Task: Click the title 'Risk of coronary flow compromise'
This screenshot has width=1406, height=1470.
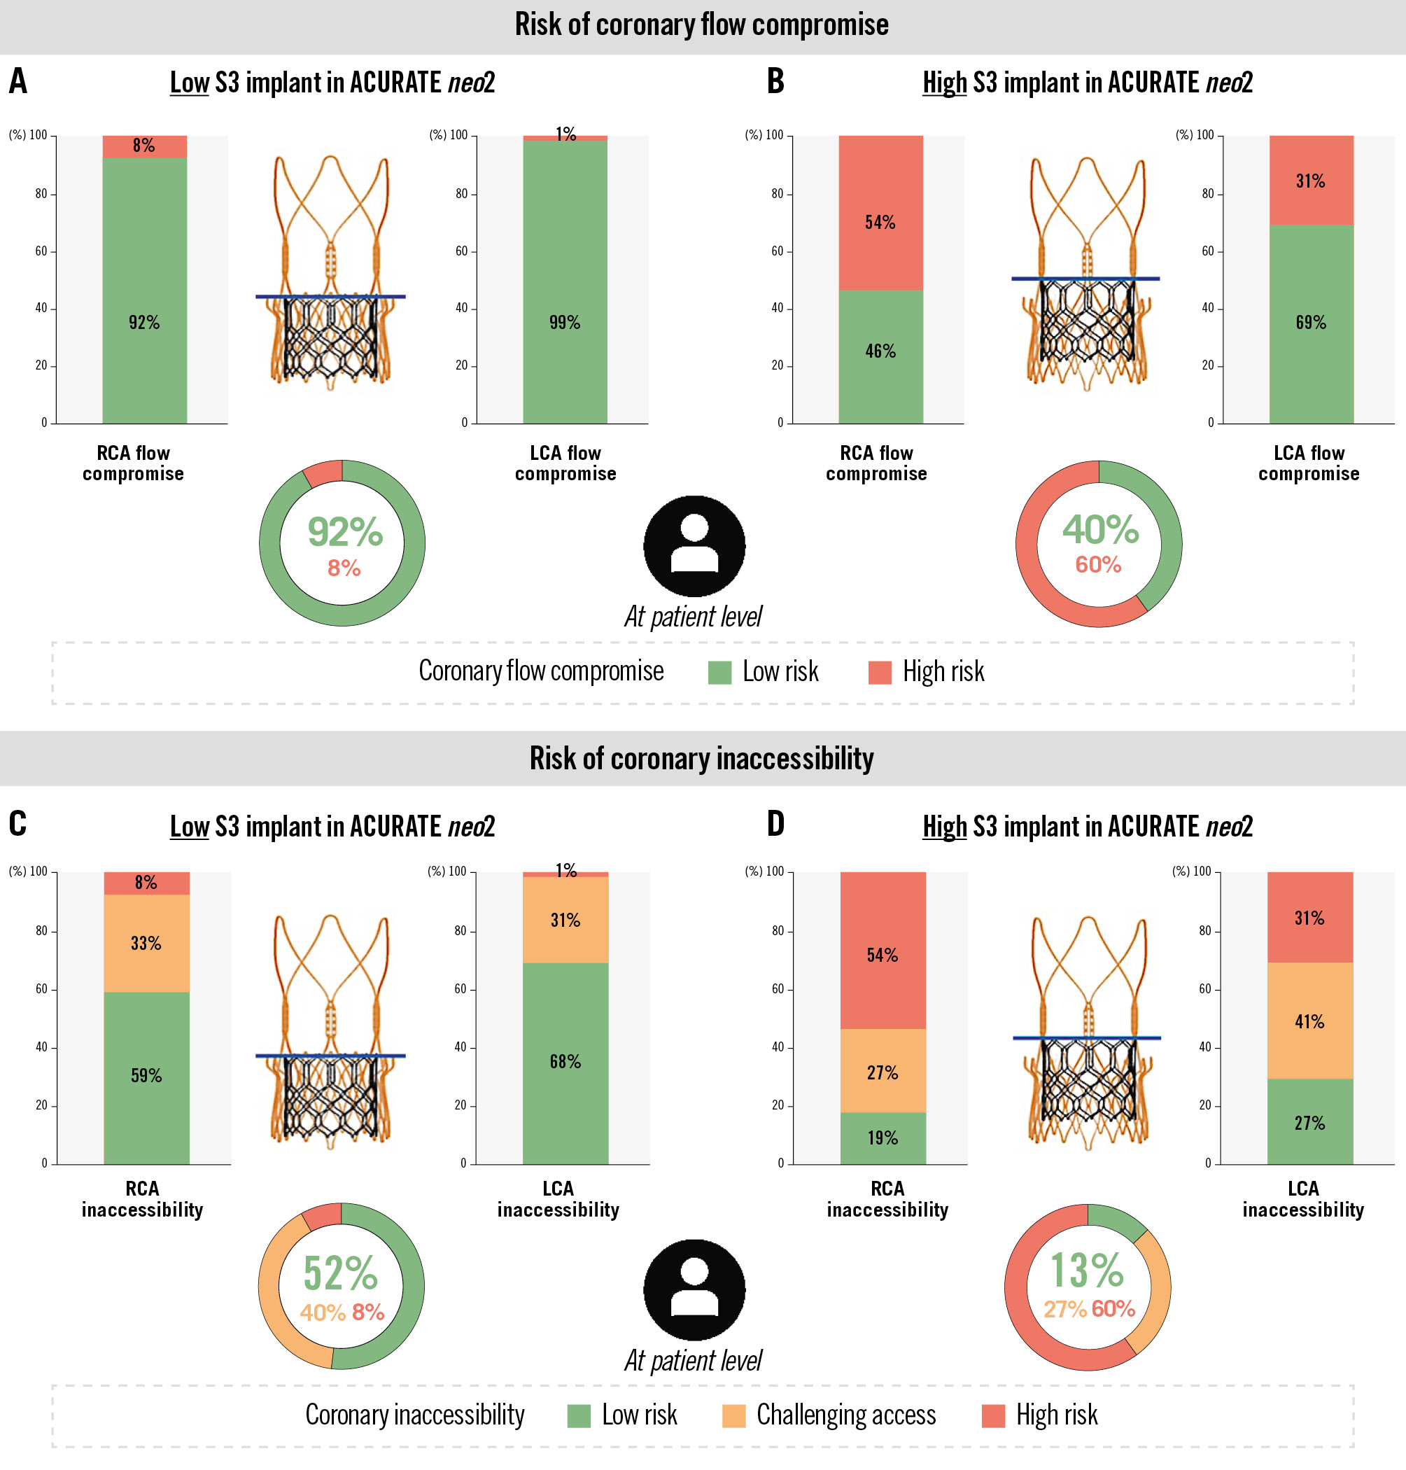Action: [x=701, y=24]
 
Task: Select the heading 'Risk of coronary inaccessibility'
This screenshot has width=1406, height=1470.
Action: [x=701, y=759]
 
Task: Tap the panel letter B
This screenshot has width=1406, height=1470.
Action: [x=775, y=82]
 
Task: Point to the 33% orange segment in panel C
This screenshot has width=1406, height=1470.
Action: [x=146, y=943]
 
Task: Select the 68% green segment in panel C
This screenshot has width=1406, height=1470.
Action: [x=565, y=1062]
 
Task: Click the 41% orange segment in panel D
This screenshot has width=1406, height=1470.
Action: [x=1309, y=1021]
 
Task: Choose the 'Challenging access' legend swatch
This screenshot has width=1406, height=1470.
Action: [x=733, y=1416]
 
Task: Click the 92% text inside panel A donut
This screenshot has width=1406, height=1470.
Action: [x=345, y=532]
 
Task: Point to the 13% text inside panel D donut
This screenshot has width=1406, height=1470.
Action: [x=1087, y=1270]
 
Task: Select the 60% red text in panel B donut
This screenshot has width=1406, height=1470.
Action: [x=1098, y=565]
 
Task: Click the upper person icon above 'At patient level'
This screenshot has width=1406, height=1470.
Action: [x=694, y=546]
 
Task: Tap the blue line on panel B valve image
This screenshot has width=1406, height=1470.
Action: [x=1085, y=279]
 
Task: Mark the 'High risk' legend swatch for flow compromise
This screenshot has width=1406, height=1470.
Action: [x=880, y=673]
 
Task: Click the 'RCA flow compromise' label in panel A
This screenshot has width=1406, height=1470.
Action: [x=134, y=463]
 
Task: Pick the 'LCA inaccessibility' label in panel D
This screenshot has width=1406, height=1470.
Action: [x=1302, y=1199]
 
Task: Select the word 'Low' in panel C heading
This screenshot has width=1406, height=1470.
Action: [x=189, y=827]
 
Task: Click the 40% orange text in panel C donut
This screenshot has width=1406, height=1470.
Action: [x=322, y=1312]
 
